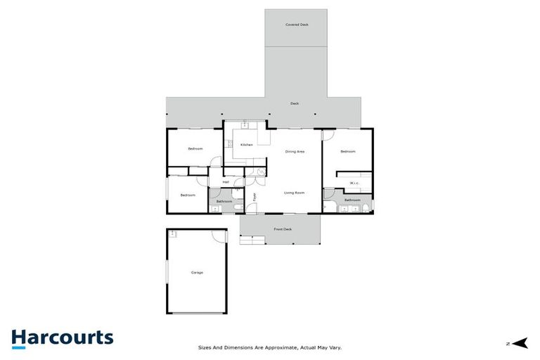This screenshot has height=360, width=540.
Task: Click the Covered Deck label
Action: point(296,25)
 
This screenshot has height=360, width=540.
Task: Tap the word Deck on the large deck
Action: point(295,104)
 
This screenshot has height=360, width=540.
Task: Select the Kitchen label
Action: point(246,145)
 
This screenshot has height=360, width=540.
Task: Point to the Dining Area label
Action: point(295,152)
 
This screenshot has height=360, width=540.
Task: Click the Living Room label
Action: point(293,193)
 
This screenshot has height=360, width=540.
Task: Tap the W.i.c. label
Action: point(354,184)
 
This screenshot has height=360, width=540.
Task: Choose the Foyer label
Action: point(255,198)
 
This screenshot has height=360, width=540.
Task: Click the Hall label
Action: point(226,183)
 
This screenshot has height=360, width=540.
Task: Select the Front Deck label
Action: point(283,229)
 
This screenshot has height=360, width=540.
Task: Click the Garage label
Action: point(197,272)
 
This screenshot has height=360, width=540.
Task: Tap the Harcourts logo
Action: point(62,338)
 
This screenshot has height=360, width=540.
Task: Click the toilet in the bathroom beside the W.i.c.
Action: point(372,206)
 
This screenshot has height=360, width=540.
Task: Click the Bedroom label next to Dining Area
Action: point(347,152)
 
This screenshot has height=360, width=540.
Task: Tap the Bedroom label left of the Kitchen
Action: point(195,148)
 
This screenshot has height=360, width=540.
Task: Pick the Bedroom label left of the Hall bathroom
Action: point(187,195)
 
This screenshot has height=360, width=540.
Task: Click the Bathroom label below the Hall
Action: point(224,202)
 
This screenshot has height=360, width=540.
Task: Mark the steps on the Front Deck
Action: point(251,240)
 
